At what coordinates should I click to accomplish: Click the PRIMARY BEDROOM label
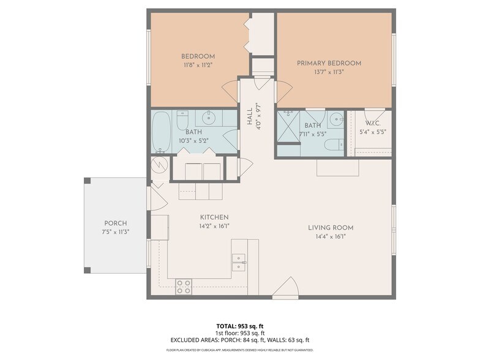329,63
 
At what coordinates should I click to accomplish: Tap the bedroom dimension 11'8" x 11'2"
198,64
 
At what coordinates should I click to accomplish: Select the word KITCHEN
214,217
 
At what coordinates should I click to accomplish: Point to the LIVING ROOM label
331,228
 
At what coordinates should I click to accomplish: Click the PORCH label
116,223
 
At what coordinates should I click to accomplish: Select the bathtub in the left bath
162,132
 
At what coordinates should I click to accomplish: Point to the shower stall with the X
288,127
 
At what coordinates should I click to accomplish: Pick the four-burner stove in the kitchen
184,287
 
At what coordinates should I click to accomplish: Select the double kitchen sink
238,262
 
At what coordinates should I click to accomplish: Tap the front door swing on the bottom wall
285,290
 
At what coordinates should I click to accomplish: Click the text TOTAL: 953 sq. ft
239,326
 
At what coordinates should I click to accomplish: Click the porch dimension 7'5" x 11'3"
116,231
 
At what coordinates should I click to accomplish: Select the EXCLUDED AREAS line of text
239,340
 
